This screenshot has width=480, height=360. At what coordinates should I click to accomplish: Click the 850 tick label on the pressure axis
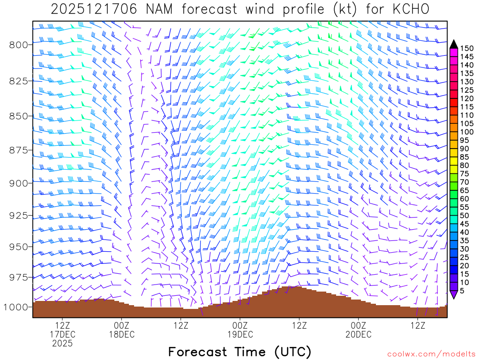(19, 116)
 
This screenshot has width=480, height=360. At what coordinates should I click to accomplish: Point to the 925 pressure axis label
(19, 215)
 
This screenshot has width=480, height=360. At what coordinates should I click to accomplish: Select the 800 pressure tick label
(19, 45)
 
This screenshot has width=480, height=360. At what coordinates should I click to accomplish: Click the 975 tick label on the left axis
(19, 277)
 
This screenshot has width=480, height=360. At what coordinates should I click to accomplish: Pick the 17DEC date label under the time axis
(62, 334)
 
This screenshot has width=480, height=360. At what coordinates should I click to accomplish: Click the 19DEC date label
(240, 334)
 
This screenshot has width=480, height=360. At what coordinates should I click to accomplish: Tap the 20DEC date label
(359, 334)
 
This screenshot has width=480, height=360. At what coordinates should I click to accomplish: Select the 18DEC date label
(121, 334)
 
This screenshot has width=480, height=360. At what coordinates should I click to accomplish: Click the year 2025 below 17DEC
(62, 344)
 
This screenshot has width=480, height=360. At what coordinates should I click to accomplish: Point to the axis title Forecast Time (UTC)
(240, 352)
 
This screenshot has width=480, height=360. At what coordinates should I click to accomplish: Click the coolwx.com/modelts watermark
(431, 353)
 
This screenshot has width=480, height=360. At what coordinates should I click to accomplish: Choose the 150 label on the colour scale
(467, 48)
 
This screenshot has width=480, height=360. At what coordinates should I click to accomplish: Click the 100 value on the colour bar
(467, 132)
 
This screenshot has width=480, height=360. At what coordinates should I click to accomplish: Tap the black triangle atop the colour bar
(454, 44)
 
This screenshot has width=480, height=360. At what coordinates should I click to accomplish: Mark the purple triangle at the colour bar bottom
(454, 294)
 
